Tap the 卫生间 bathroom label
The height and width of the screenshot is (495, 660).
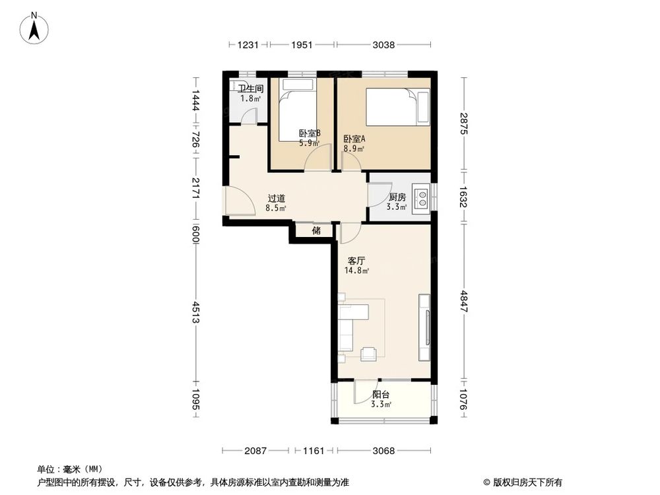[251, 88]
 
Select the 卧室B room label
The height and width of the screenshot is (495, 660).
[310, 133]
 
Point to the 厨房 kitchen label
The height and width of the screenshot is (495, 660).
[397, 197]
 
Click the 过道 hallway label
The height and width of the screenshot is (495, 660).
[277, 198]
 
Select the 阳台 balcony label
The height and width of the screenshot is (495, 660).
[380, 395]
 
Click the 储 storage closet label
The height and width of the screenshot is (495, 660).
[316, 231]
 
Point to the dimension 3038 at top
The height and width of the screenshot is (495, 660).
[383, 45]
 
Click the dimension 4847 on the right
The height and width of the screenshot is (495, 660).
[465, 301]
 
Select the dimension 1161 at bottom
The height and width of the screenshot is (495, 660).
[313, 451]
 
